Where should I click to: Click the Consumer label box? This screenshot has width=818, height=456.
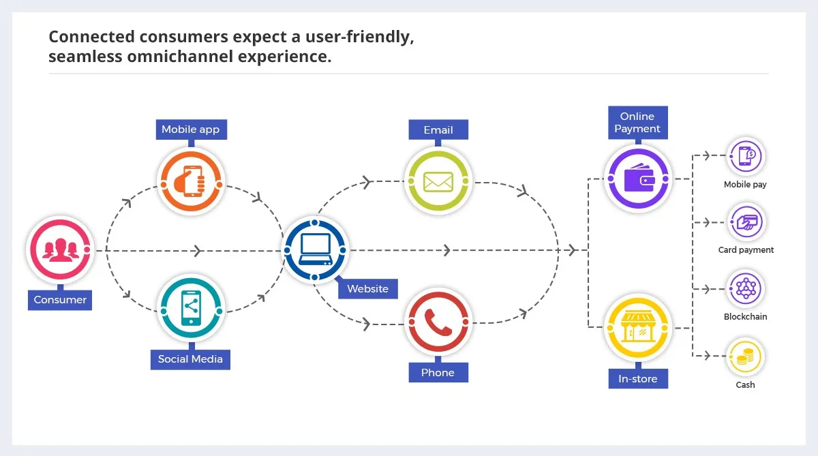click(60, 300)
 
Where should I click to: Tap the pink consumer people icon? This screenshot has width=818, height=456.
click(60, 250)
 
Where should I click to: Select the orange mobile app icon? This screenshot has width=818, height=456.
click(191, 181)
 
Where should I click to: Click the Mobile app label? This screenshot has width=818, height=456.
click(192, 130)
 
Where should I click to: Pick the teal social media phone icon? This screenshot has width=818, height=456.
click(191, 308)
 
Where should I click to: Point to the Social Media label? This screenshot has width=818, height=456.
click(190, 360)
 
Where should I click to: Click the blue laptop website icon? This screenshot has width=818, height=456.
click(315, 250)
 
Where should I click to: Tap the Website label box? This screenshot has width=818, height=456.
click(367, 289)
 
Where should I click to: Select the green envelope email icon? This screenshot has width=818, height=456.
click(438, 181)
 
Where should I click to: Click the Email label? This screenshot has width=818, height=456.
click(438, 130)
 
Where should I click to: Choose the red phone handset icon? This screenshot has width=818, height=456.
click(438, 322)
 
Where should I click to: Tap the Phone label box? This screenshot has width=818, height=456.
click(438, 373)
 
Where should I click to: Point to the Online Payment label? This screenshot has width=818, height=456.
click(638, 123)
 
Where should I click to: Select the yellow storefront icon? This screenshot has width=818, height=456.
click(638, 327)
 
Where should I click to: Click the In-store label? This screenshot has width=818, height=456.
click(638, 379)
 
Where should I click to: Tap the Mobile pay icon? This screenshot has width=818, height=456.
click(746, 156)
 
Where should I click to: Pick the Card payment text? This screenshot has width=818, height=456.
click(746, 250)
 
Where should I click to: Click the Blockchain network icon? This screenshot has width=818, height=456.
click(746, 288)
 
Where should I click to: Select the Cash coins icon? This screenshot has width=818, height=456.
click(746, 356)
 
